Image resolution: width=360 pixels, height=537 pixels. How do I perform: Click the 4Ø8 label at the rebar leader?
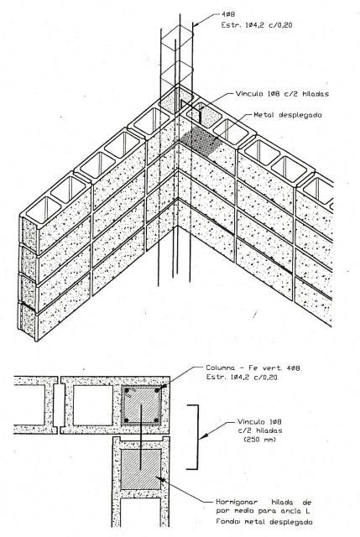[x=228, y=14]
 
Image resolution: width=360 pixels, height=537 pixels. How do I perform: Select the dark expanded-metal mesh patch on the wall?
[x=201, y=142]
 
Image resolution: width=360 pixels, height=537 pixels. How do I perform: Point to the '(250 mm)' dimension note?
[x=259, y=440]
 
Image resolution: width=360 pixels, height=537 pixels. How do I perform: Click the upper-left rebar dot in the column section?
[x=127, y=390]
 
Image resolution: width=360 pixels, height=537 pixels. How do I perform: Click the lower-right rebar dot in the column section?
[x=157, y=420]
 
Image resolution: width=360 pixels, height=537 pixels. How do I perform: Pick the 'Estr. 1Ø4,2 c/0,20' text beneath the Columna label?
[x=242, y=377]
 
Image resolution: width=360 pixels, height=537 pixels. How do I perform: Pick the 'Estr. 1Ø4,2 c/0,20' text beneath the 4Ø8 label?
[x=257, y=24]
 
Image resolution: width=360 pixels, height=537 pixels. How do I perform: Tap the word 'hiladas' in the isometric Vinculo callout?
[x=316, y=93]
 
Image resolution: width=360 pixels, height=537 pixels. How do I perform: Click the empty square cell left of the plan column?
[x=93, y=405]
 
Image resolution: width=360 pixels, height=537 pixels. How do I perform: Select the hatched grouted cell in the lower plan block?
[x=140, y=470]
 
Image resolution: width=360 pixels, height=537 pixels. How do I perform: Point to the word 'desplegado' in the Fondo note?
[x=291, y=522]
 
